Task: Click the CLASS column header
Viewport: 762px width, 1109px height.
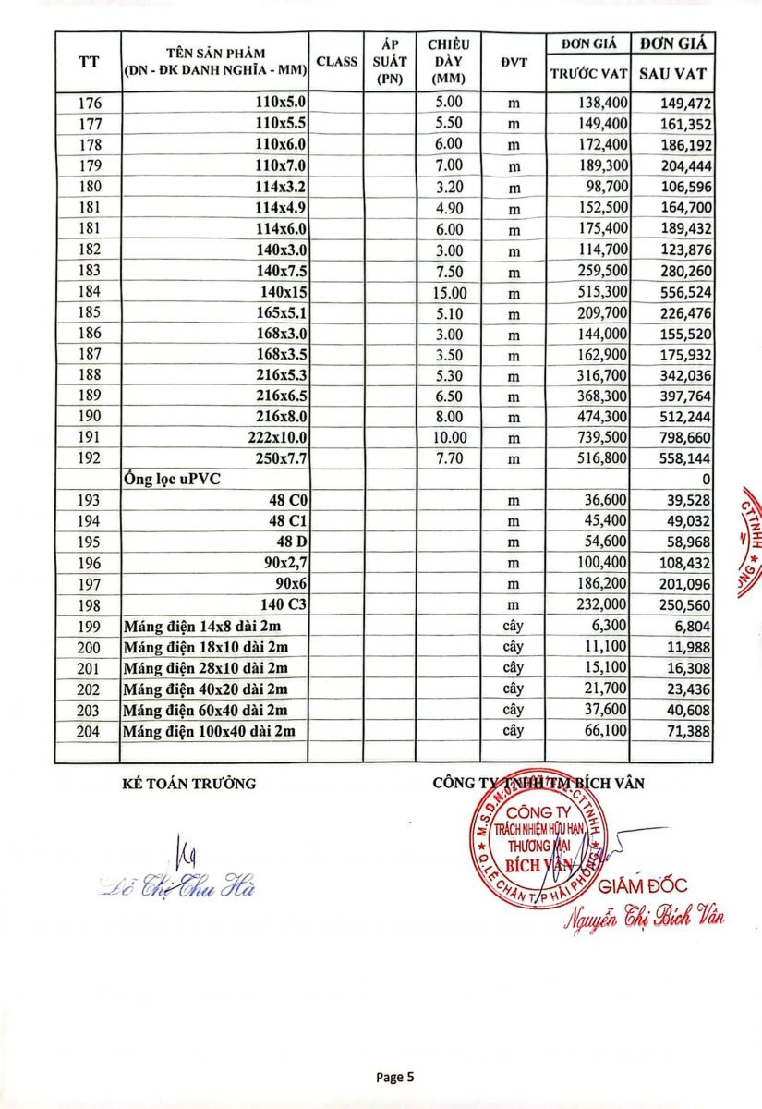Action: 336,62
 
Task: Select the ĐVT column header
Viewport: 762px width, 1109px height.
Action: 514,62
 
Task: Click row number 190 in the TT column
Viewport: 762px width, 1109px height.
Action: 89,417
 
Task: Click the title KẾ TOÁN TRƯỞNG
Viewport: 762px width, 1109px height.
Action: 188,784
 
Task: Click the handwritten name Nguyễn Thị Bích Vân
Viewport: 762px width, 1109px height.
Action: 644,914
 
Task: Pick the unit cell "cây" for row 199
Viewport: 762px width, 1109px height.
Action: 514,626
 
